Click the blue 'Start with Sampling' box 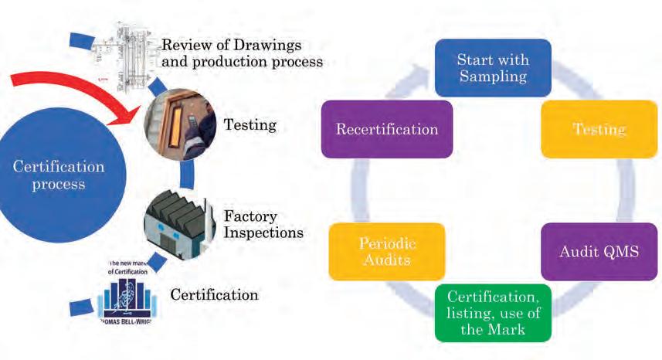[492, 67]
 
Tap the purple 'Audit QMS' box [599, 252]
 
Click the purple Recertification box [386, 129]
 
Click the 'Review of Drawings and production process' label [241, 53]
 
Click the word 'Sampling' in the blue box [492, 76]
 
